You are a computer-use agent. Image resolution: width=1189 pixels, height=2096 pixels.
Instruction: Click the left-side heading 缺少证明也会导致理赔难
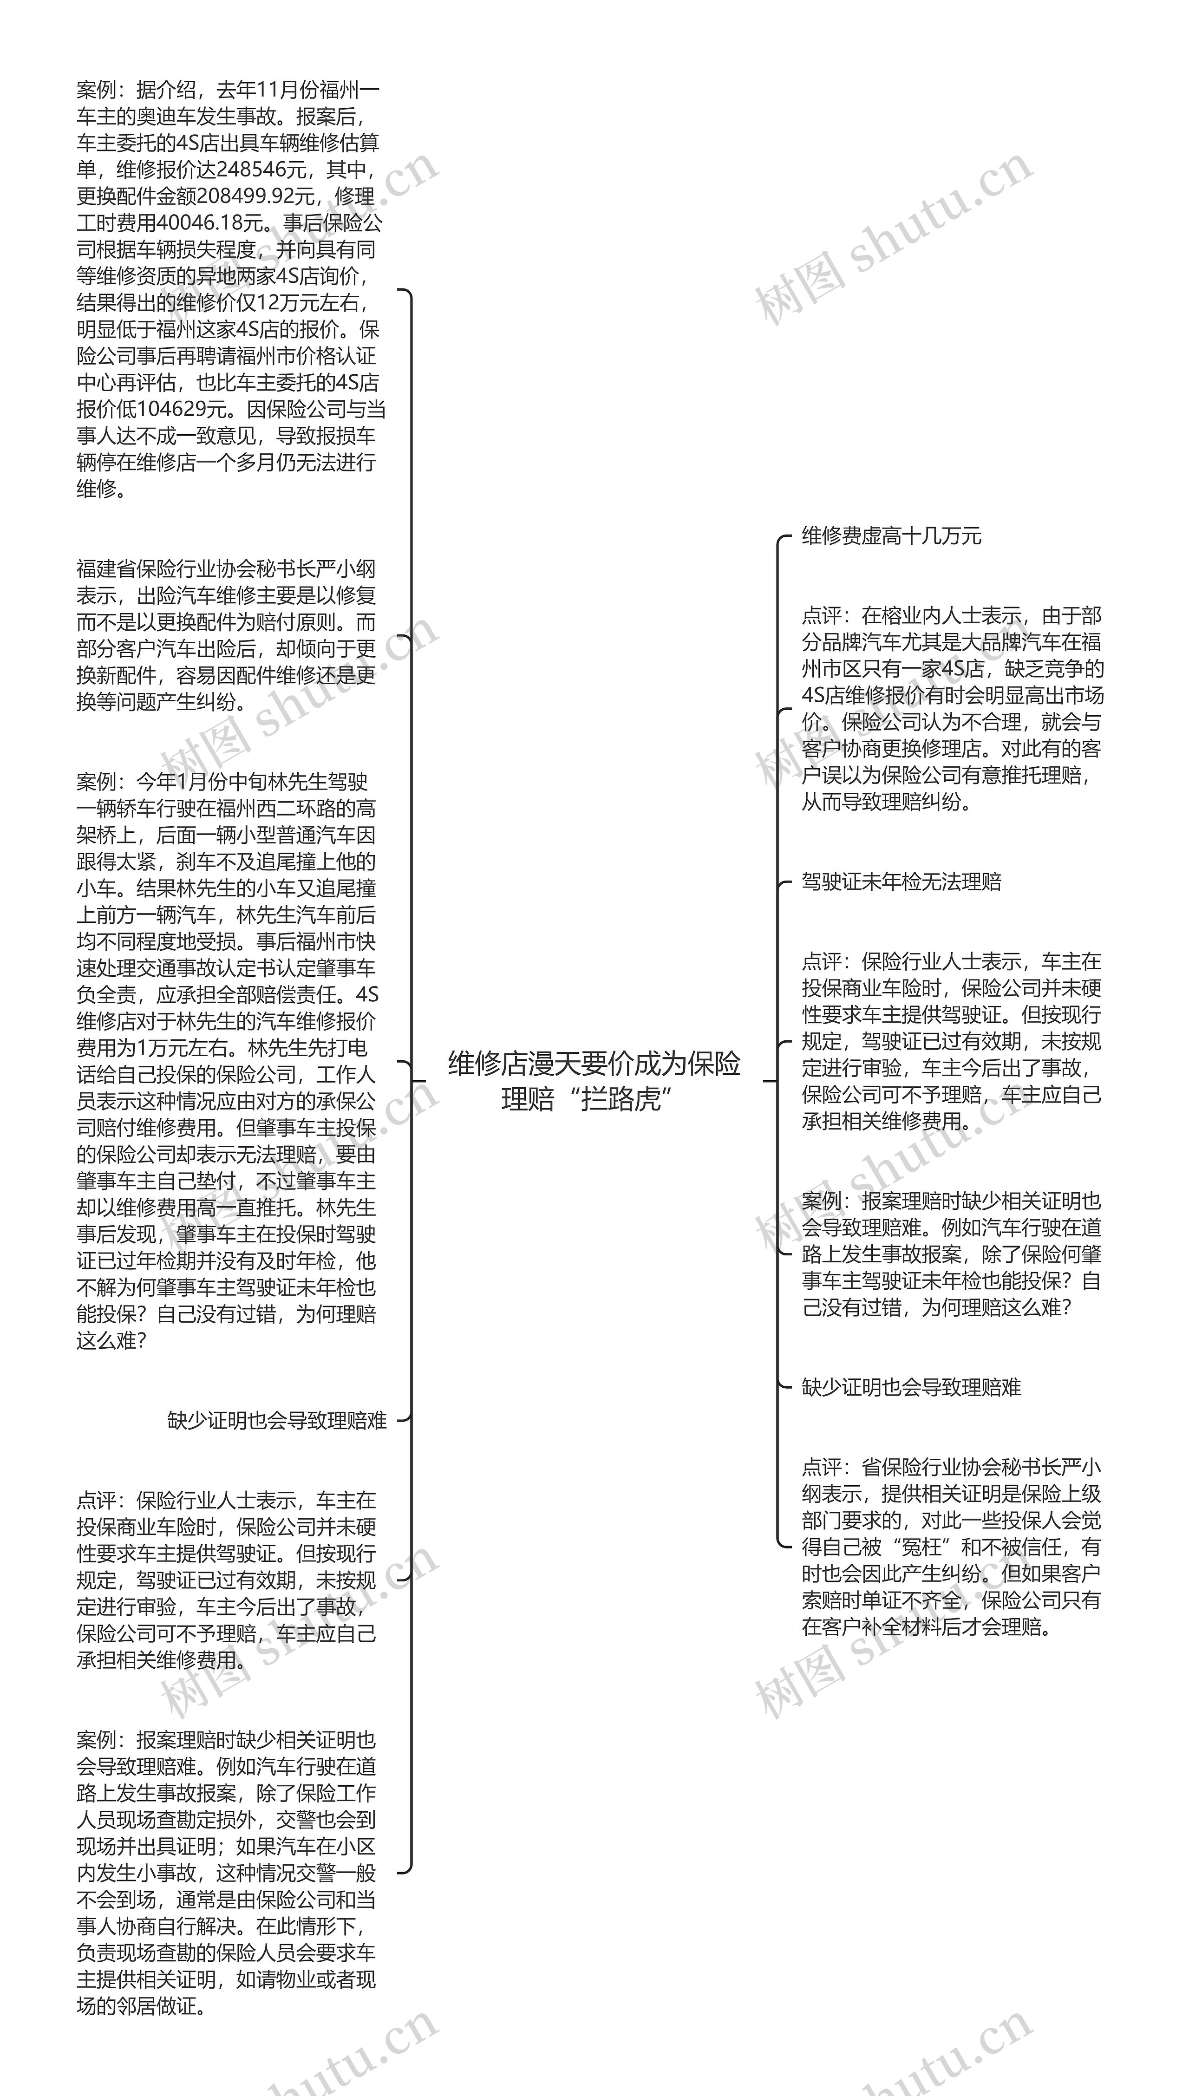pyautogui.click(x=277, y=1421)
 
